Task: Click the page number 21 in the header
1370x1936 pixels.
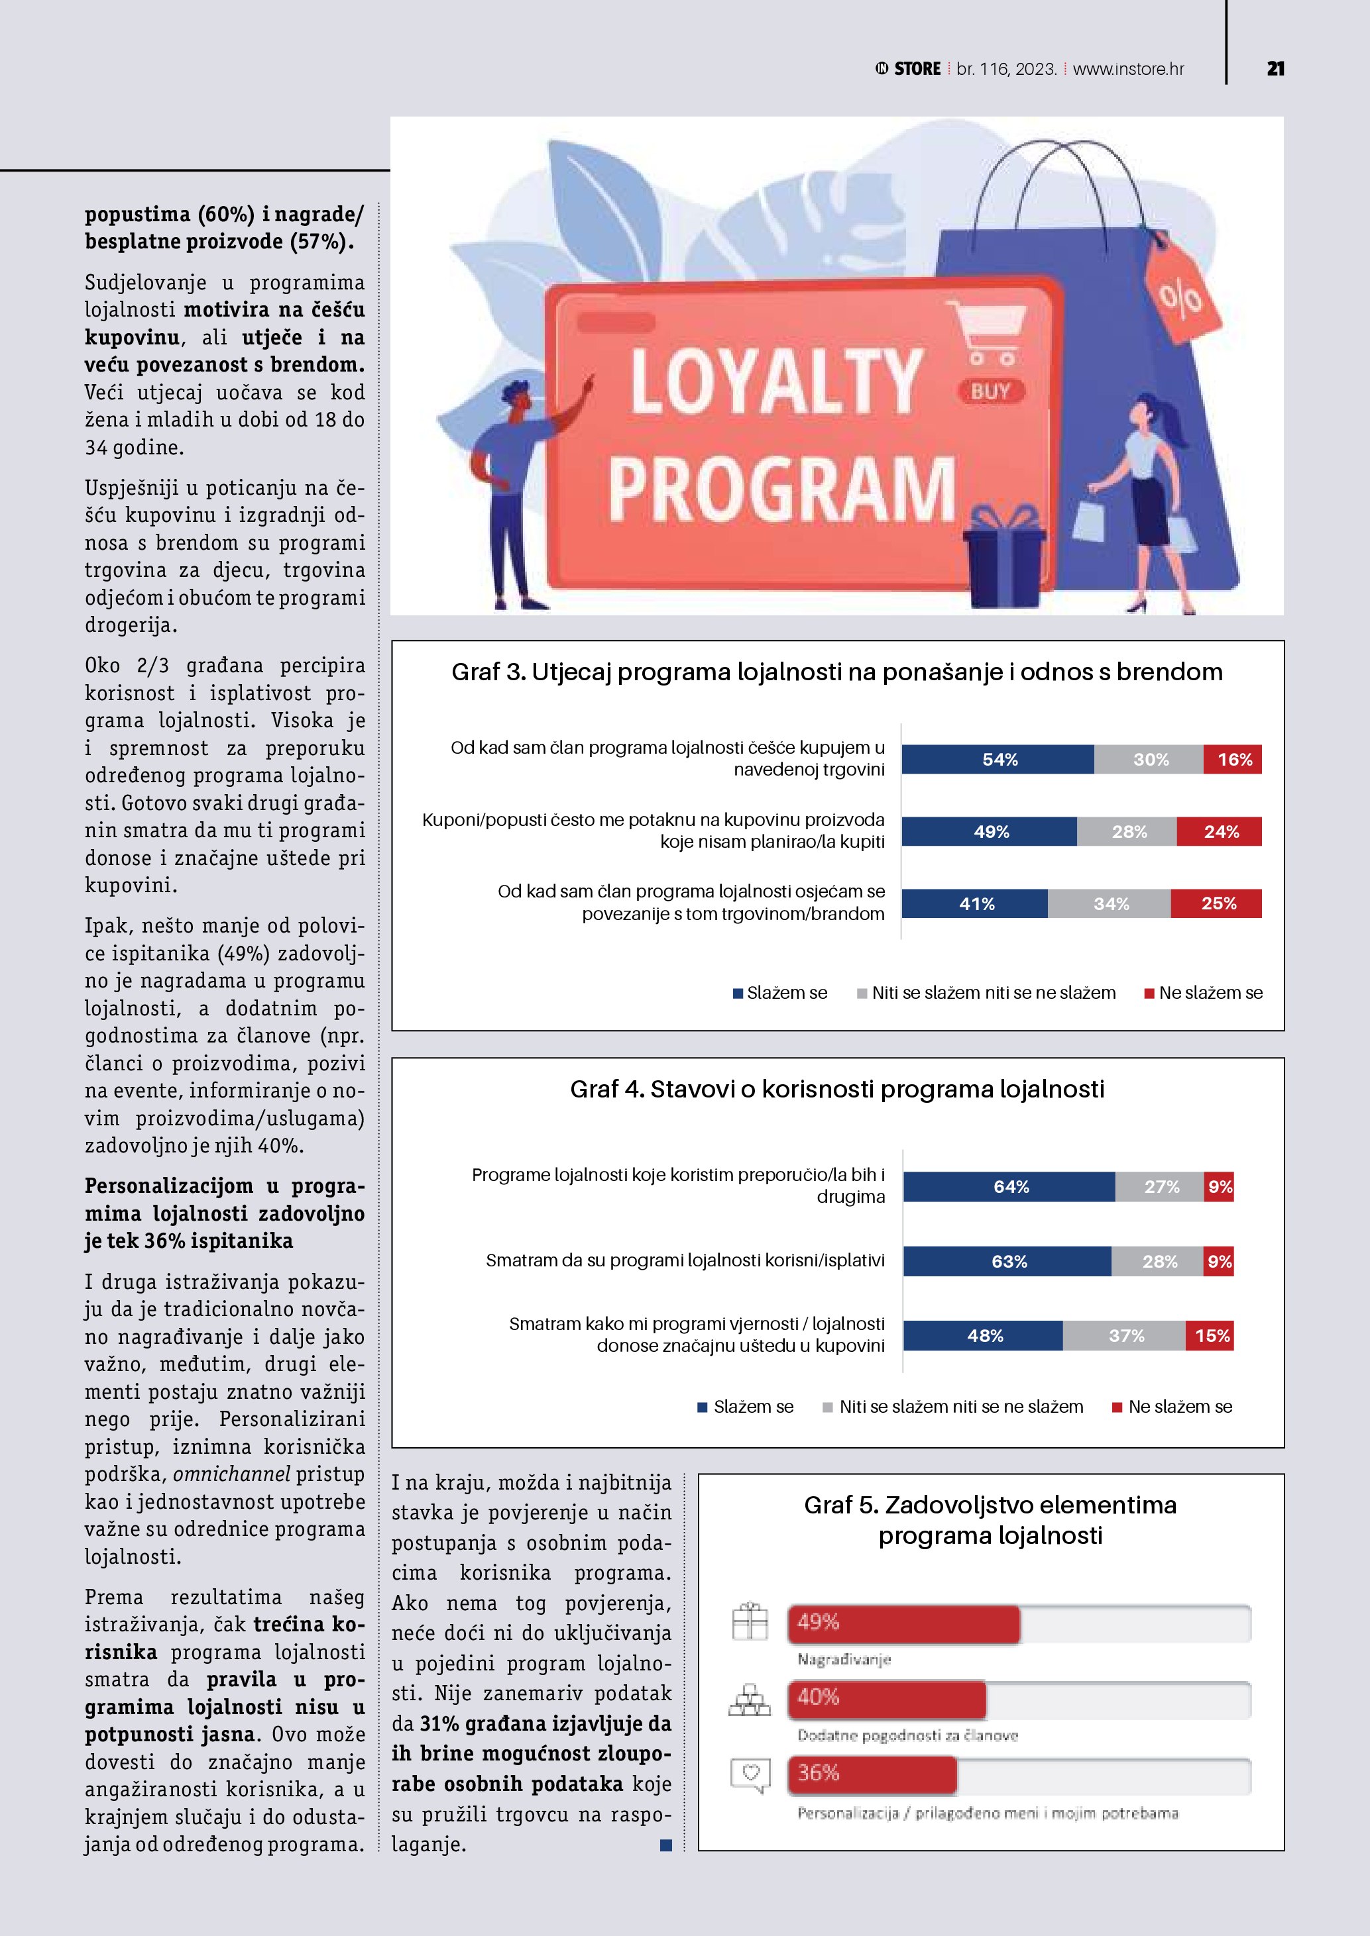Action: tap(1275, 69)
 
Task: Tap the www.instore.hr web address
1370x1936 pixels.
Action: tap(1128, 69)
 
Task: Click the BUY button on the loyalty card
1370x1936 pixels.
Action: tap(990, 391)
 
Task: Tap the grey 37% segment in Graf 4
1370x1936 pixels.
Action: tap(1125, 1336)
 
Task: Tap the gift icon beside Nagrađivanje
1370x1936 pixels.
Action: tap(749, 1621)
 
